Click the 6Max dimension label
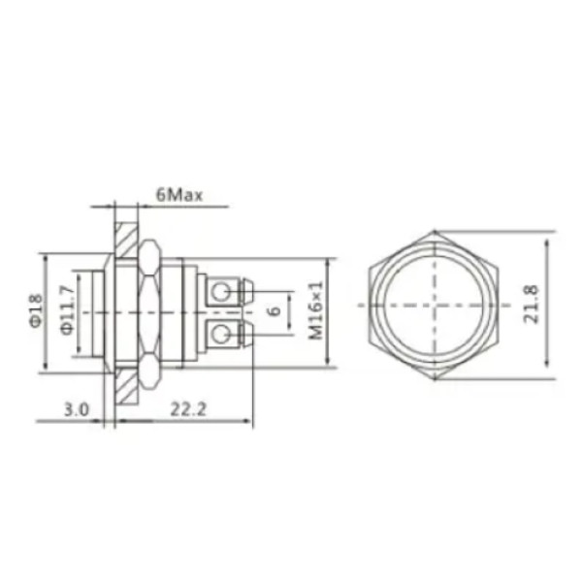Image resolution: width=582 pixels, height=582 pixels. pos(179,195)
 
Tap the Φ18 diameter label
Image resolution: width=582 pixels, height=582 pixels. pos(36,311)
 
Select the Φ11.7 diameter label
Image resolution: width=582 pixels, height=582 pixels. pos(67,310)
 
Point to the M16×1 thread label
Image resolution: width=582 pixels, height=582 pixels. pos(316,310)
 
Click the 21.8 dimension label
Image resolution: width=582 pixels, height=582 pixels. pos(531,305)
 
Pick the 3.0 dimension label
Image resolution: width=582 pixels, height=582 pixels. pos(77,409)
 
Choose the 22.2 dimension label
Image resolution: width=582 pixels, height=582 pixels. pos(188,409)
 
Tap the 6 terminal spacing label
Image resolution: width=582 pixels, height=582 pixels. pos(275,310)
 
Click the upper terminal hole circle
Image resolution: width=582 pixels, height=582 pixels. pos(221,292)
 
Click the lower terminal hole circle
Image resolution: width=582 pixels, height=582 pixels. pos(220,335)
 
